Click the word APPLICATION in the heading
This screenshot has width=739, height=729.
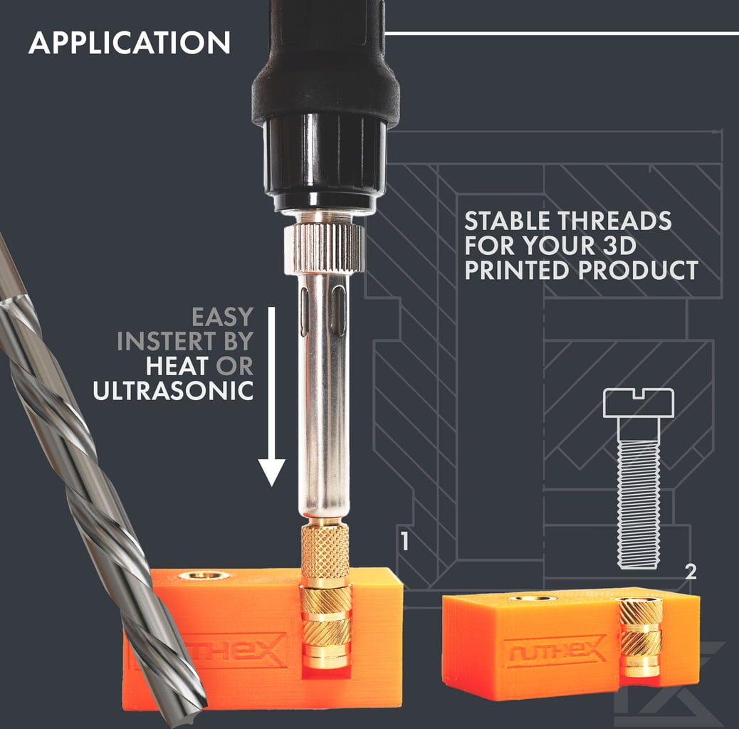(130, 43)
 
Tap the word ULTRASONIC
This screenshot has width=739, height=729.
(174, 391)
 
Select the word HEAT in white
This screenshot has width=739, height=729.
(177, 366)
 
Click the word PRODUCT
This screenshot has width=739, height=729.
(638, 270)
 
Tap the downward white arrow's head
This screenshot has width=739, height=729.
(271, 471)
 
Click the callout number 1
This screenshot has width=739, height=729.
(404, 541)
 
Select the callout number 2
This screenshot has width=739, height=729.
(691, 572)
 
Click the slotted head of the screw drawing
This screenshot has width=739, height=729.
(639, 403)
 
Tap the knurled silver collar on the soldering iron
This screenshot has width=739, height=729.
(324, 248)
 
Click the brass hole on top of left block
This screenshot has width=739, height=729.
(204, 575)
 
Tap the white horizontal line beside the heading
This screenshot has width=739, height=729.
(562, 33)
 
